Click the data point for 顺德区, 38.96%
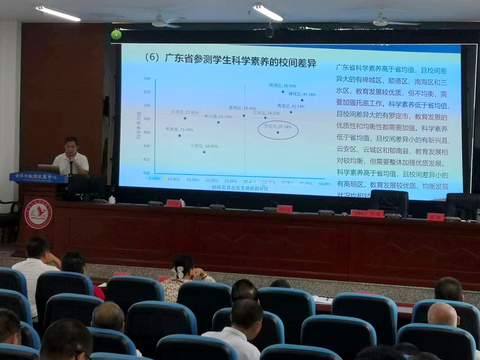coord(283,92)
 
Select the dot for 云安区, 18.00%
coord(204,152)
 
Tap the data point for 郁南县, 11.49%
coord(180,136)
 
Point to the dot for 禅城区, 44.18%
coord(302,100)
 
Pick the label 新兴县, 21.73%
coord(218,116)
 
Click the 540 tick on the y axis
coord(147,79)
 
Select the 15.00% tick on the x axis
coord(193,180)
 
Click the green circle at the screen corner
coord(116,35)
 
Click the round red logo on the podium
coord(38,213)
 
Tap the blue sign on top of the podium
coord(38,177)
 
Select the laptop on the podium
coord(49,169)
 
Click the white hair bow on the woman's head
coord(179,272)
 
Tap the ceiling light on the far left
coord(58,13)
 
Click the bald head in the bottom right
coord(442,315)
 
